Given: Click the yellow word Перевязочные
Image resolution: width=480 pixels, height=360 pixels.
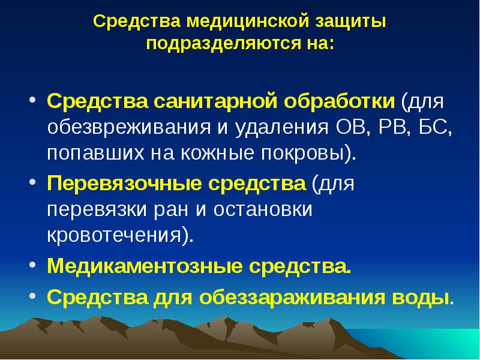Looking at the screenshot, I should [124, 183].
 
